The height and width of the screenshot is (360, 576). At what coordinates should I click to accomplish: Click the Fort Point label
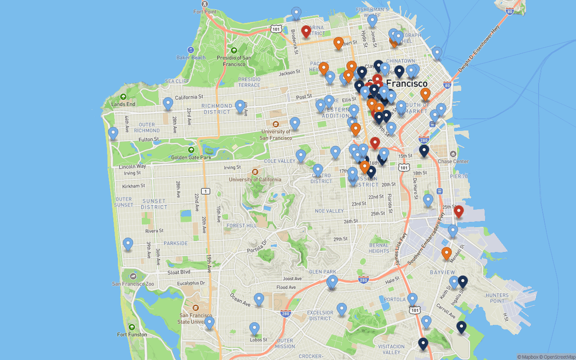205,12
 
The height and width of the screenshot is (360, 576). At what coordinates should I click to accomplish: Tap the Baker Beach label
191,58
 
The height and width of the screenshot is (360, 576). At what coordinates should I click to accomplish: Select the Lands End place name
123,104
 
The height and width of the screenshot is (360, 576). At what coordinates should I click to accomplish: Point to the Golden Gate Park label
191,157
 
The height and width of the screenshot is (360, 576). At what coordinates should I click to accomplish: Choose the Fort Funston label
132,334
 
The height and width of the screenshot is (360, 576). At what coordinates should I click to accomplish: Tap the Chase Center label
453,161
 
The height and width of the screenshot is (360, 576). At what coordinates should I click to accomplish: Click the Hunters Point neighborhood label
497,298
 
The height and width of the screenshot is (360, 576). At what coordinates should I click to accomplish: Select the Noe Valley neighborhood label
329,211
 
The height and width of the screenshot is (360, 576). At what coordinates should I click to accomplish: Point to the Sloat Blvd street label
179,272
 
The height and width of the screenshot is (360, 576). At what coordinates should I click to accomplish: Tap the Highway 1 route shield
205,191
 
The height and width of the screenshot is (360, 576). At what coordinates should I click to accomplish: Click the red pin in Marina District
306,31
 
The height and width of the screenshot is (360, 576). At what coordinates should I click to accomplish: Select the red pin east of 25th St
459,211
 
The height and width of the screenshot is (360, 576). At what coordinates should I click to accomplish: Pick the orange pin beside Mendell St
446,253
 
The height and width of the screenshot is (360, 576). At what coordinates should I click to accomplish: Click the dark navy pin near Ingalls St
463,282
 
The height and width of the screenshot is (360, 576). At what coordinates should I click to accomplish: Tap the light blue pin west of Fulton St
113,133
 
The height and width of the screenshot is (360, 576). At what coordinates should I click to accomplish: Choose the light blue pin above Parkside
128,243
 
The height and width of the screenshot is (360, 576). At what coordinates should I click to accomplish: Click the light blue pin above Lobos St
255,328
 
